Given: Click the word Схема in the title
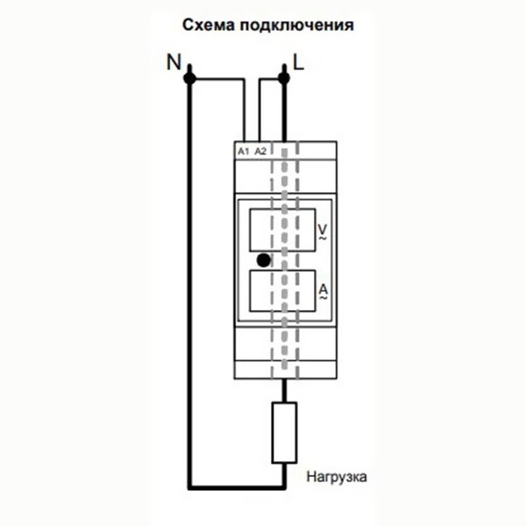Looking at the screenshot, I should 209,25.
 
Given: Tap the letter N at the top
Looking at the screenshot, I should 173,62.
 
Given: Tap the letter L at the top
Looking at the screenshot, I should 299,62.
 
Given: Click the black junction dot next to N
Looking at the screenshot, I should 188,78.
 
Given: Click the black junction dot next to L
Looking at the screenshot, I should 283,78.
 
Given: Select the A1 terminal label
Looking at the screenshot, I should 244,151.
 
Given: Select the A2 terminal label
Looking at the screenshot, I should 260,151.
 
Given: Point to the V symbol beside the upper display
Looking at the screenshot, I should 321,227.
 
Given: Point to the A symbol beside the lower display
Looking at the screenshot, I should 321,288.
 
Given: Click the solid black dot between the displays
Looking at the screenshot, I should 262,259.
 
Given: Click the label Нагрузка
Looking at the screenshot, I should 336,478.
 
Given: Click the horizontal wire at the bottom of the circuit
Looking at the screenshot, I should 236,485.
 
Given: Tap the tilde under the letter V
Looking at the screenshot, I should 321,238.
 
